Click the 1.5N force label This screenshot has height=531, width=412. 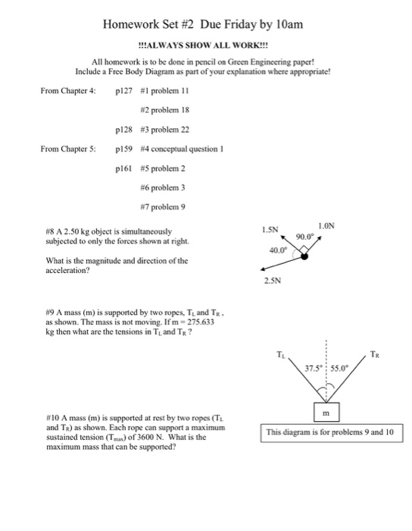pyautogui.click(x=270, y=230)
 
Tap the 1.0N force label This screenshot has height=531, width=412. pyautogui.click(x=326, y=226)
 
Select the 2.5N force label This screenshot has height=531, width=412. pyautogui.click(x=273, y=281)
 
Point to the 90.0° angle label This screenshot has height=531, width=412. pyautogui.click(x=305, y=237)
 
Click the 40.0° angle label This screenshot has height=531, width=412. pyautogui.click(x=278, y=250)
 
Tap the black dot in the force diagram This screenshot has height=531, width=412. pyautogui.click(x=304, y=256)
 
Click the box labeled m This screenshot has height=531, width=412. pyautogui.click(x=326, y=412)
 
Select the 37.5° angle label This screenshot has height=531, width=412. pyautogui.click(x=314, y=368)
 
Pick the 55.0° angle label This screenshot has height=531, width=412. pyautogui.click(x=339, y=368)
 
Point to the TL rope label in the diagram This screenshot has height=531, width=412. pyautogui.click(x=281, y=354)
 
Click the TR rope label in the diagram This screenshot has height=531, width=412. pyautogui.click(x=374, y=354)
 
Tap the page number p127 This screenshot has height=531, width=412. pyautogui.click(x=123, y=91)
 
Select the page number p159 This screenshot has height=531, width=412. pyautogui.click(x=123, y=149)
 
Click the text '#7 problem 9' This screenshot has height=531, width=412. pyautogui.click(x=163, y=207)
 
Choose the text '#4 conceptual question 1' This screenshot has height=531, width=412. pyautogui.click(x=183, y=149)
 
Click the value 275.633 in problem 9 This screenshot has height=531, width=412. pyautogui.click(x=201, y=322)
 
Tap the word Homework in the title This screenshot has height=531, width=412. pyautogui.click(x=131, y=24)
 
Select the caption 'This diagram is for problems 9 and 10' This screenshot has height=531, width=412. pyautogui.click(x=330, y=432)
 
